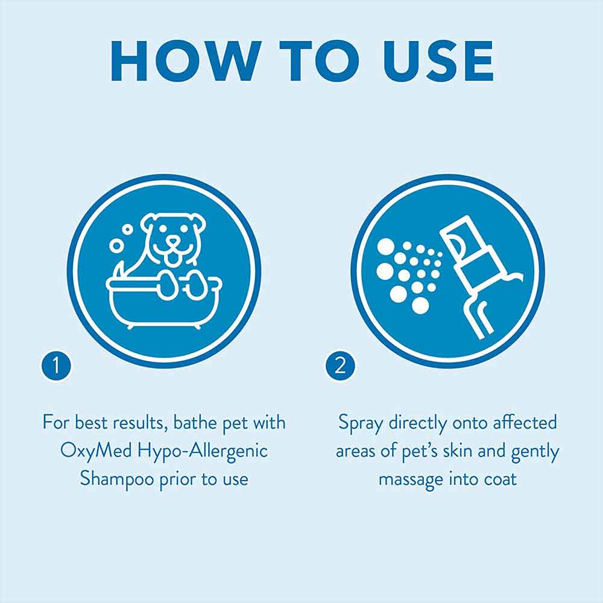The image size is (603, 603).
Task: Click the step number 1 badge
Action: [56, 365]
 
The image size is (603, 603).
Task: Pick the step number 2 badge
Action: [340, 365]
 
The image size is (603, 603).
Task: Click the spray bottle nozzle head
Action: [460, 242]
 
